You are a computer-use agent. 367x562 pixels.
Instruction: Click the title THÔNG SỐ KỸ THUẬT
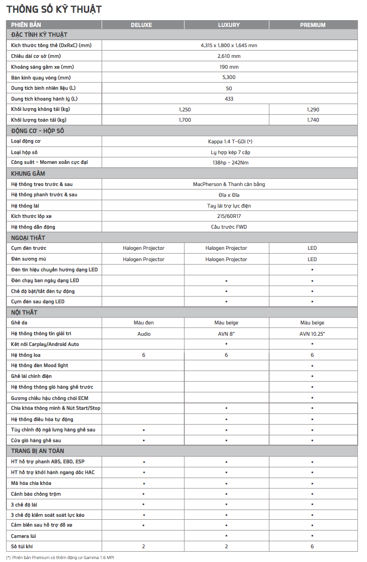tap(54, 9)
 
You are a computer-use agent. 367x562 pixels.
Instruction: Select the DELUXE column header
tap(141, 25)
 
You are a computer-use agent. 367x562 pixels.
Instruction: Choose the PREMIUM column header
tap(313, 25)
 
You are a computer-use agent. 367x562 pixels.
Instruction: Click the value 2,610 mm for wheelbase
tap(229, 56)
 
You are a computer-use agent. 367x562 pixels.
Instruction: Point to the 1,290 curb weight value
tap(313, 109)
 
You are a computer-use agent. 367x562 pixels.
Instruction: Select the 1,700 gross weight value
tap(185, 120)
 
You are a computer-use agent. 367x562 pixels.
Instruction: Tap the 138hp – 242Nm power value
tap(229, 162)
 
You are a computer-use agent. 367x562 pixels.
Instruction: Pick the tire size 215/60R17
tap(229, 216)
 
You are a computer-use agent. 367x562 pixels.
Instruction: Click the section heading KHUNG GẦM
tap(28, 173)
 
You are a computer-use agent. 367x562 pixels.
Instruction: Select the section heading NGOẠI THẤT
tap(28, 238)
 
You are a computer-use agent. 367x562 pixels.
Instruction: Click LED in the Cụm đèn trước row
tap(312, 248)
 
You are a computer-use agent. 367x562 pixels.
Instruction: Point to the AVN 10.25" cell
tap(312, 334)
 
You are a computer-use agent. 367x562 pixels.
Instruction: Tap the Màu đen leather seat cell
tap(144, 323)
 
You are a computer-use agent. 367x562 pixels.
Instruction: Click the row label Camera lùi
tap(24, 536)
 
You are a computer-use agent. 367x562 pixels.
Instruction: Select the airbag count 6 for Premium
tap(312, 546)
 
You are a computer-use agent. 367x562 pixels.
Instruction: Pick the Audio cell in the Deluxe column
tap(144, 334)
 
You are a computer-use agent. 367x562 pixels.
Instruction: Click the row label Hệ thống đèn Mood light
tap(40, 366)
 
